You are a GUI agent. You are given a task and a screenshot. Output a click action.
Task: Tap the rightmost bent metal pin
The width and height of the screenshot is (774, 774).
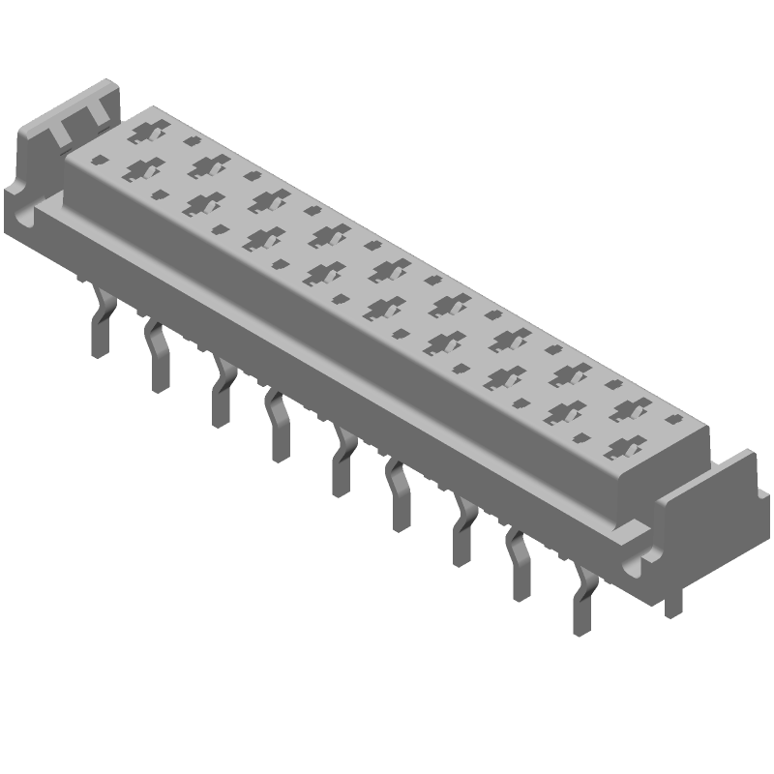[582, 605]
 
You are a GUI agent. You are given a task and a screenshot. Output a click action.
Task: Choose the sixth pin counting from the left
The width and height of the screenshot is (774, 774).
[400, 497]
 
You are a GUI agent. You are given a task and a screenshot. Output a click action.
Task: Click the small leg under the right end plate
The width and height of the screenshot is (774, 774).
[671, 604]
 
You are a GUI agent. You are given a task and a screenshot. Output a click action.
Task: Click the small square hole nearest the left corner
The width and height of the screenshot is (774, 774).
[98, 160]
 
